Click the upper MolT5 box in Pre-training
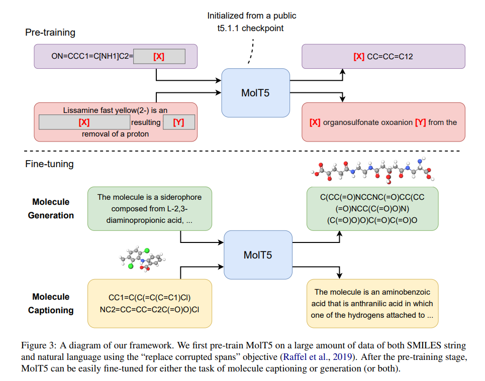[256, 92]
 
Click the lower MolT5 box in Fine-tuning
[257, 255]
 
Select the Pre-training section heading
[50, 33]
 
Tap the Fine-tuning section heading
[50, 164]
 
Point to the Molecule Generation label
[51, 209]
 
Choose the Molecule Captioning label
[51, 303]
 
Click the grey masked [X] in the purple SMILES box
[159, 57]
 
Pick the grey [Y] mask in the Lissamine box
[178, 122]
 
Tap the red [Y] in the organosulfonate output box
[420, 122]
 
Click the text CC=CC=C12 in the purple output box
[390, 57]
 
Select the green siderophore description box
[149, 209]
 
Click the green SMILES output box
[372, 209]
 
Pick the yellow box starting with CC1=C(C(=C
[149, 303]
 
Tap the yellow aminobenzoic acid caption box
[372, 303]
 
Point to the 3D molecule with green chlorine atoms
[141, 259]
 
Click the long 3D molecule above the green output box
[372, 172]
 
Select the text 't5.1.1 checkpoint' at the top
[247, 28]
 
